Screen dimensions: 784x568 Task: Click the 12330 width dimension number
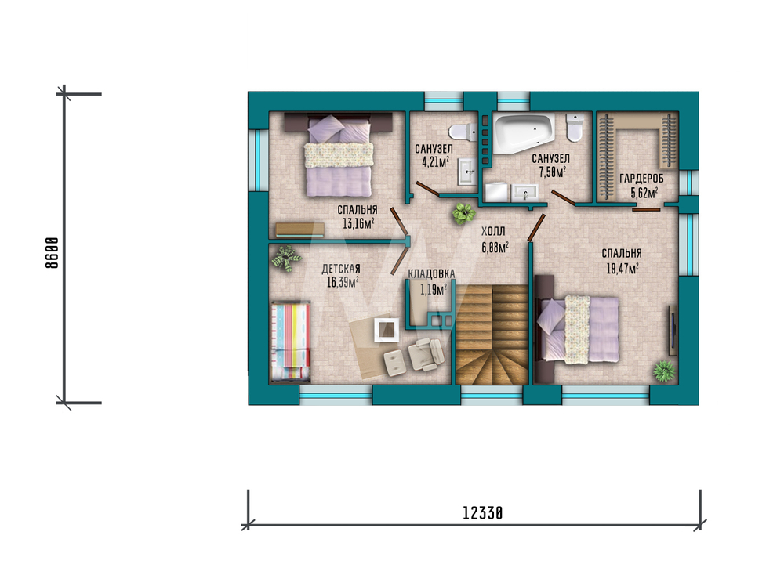point(482,513)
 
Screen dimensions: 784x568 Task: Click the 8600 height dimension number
point(52,253)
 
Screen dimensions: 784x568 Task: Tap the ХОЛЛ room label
point(493,231)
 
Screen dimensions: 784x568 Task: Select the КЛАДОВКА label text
point(431,273)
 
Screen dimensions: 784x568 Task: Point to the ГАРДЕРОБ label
point(641,179)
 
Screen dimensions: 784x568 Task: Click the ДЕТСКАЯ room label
point(341,269)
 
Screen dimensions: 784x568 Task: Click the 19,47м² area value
point(622,269)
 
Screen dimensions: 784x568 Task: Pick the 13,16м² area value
point(358,223)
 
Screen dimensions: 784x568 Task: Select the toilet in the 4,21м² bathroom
point(463,132)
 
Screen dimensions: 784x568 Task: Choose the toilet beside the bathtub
point(575,128)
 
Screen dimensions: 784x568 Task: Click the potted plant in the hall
point(463,213)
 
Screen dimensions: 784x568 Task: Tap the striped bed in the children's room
point(291,342)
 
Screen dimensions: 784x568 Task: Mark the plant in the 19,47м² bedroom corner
point(664,371)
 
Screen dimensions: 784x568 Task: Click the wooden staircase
point(492,335)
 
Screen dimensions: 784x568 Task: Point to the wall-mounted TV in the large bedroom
point(673,330)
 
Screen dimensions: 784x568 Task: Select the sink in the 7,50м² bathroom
point(524,192)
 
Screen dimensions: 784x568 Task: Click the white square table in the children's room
point(387,329)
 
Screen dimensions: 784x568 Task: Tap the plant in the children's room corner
point(286,259)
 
